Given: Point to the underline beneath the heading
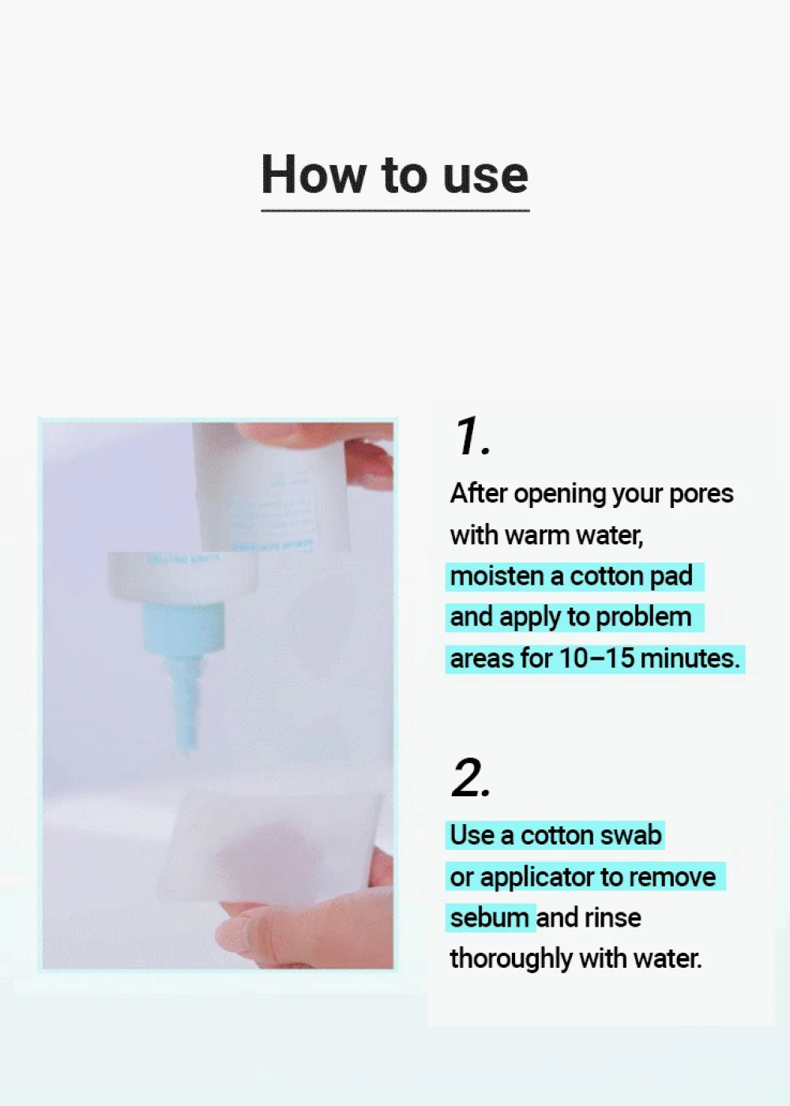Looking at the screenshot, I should [x=395, y=211].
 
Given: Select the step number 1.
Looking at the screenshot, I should [x=472, y=436].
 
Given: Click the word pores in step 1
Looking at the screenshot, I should [x=701, y=494].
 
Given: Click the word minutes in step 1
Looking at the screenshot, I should [x=689, y=658].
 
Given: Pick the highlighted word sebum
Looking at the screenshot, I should [x=489, y=918].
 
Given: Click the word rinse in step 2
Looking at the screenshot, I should [x=612, y=918].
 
